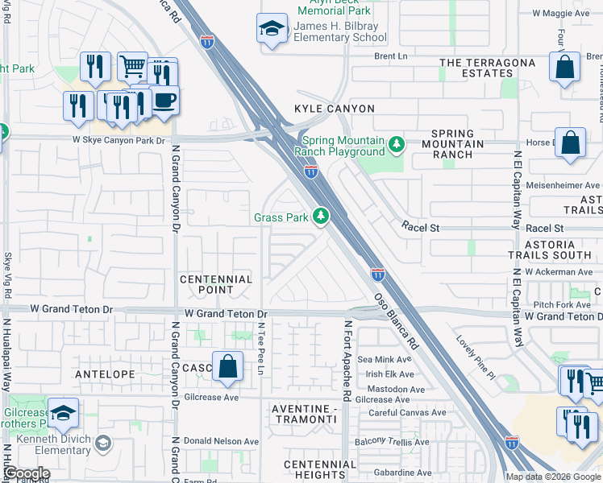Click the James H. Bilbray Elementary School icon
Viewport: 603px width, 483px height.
[x=272, y=29]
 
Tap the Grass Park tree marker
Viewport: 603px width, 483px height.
[x=321, y=217]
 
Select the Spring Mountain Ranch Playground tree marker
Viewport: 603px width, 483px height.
[x=396, y=145]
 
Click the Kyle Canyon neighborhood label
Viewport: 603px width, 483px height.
[x=335, y=109]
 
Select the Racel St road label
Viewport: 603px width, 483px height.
[x=421, y=228]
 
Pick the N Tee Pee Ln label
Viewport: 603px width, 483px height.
[x=260, y=348]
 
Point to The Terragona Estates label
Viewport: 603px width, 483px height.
[x=487, y=68]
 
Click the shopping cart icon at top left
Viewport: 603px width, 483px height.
[x=132, y=67]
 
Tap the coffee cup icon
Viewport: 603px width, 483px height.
[x=164, y=101]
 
